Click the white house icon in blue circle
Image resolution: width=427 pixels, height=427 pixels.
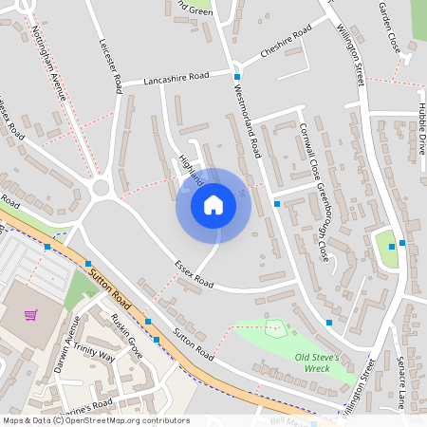[x=213, y=205]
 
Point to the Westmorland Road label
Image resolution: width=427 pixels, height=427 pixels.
[x=246, y=119]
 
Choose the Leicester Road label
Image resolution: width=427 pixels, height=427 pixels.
[x=110, y=65]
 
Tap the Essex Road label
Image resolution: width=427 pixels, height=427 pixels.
[x=194, y=275]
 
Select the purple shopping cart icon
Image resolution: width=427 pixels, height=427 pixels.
[x=31, y=314]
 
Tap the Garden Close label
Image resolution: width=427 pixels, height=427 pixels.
[x=388, y=28]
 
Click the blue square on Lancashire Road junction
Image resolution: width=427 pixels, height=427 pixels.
[x=236, y=76]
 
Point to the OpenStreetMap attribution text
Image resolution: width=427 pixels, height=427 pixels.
[x=95, y=420]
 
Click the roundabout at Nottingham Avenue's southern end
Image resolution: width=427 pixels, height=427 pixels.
[x=103, y=189]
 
